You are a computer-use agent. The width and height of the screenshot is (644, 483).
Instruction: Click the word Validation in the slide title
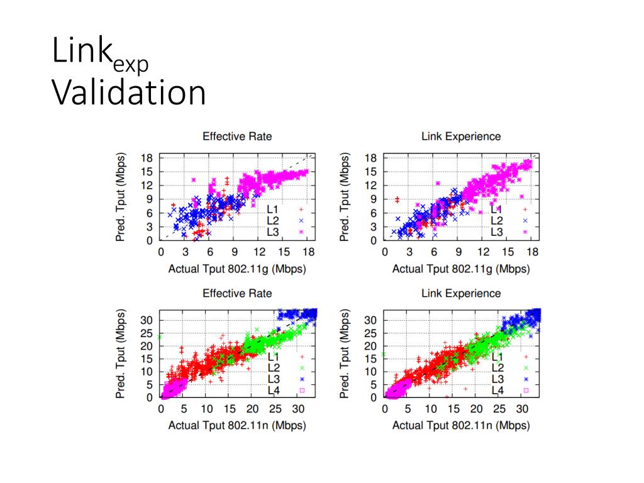pyautogui.click(x=129, y=92)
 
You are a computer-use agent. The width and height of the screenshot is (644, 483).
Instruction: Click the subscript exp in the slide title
pyautogui.click(x=131, y=65)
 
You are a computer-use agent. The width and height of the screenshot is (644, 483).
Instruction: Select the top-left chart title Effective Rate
pyautogui.click(x=237, y=136)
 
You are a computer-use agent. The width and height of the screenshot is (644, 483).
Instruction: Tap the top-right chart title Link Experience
pyautogui.click(x=461, y=136)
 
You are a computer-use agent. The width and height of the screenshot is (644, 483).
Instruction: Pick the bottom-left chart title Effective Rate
pyautogui.click(x=237, y=294)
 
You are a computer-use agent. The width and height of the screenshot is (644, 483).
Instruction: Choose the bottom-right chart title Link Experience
pyautogui.click(x=461, y=294)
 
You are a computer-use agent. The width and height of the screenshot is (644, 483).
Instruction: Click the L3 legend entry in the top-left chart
pyautogui.click(x=274, y=232)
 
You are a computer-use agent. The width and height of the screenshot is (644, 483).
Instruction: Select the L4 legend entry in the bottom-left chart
pyautogui.click(x=274, y=390)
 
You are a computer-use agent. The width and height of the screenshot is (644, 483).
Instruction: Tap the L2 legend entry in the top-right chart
pyautogui.click(x=497, y=221)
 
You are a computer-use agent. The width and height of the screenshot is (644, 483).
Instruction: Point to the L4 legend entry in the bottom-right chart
pyautogui.click(x=497, y=390)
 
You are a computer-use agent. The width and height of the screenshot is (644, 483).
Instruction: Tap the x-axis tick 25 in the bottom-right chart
pyautogui.click(x=499, y=409)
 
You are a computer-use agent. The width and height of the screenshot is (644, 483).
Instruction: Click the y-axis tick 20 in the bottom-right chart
pyautogui.click(x=370, y=345)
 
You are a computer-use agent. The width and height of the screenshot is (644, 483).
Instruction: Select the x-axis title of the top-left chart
pyautogui.click(x=237, y=269)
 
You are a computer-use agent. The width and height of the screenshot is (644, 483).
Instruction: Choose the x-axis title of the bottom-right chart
pyautogui.click(x=461, y=426)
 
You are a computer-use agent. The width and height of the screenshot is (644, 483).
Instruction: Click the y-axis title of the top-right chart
pyautogui.click(x=344, y=196)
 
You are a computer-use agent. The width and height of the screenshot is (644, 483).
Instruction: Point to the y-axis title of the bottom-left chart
pyautogui.click(x=120, y=353)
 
